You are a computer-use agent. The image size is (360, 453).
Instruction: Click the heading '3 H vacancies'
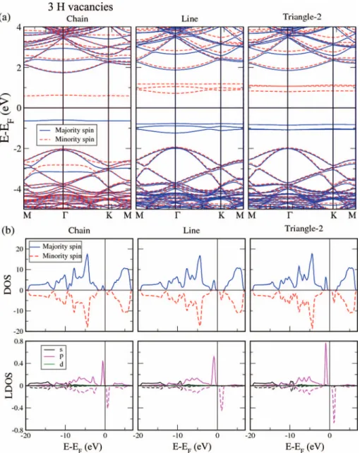(x=80, y=6)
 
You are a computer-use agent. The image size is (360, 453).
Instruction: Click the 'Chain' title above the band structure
(x=77, y=19)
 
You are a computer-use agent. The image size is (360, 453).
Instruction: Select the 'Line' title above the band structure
(x=190, y=19)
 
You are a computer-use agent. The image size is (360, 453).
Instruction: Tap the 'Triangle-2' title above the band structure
(x=302, y=17)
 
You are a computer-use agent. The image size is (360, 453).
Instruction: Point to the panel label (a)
(x=6, y=17)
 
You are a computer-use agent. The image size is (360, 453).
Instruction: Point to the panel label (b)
(x=8, y=231)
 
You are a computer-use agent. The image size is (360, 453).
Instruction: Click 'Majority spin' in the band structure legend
(x=75, y=130)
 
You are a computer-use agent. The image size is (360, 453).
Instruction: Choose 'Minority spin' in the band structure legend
(x=75, y=139)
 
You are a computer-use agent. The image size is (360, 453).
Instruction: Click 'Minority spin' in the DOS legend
(x=62, y=256)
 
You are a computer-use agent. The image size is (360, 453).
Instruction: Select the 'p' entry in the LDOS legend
(x=61, y=356)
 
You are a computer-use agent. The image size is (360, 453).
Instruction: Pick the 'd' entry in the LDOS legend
(x=61, y=364)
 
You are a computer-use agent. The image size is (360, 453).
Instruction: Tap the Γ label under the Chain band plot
(x=66, y=215)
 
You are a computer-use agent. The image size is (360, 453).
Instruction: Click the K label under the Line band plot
(x=222, y=215)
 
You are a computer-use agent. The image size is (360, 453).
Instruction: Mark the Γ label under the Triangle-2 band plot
(x=290, y=215)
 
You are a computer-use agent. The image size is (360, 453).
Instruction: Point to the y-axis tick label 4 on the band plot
(x=19, y=28)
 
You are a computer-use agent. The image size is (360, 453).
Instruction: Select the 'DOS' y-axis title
(x=8, y=285)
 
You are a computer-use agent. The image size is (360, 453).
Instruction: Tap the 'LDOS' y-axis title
(x=8, y=386)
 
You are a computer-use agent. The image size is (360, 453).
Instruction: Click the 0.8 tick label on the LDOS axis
(x=18, y=342)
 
